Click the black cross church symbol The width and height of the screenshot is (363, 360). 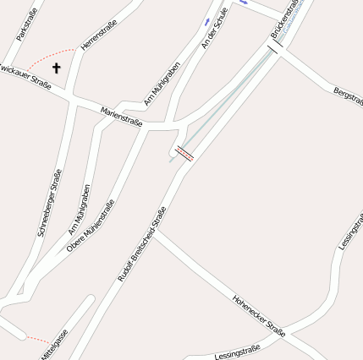[x=57, y=68]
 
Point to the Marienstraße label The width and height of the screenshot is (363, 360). [x=121, y=117]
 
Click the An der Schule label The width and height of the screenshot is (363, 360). [x=216, y=29]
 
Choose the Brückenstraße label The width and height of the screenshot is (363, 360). [x=288, y=19]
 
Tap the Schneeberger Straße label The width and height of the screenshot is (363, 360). [x=50, y=201]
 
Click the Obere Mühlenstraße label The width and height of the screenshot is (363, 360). [x=91, y=226]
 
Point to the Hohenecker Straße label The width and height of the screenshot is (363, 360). [x=259, y=315]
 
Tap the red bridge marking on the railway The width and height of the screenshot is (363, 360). [x=184, y=153]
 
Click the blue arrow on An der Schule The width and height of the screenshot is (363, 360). [x=208, y=19]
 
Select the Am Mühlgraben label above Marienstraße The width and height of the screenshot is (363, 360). [x=162, y=85]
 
